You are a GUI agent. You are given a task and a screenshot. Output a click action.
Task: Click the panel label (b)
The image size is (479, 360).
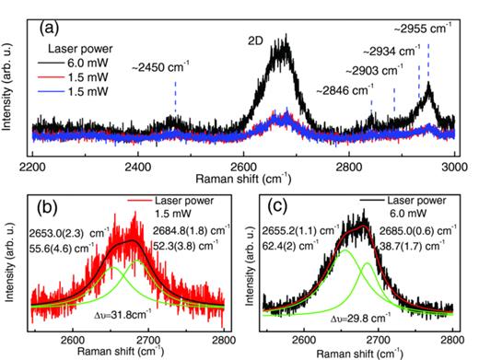point(43,197)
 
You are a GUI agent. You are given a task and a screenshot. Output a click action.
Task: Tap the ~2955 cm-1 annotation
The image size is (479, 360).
point(427,14)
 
